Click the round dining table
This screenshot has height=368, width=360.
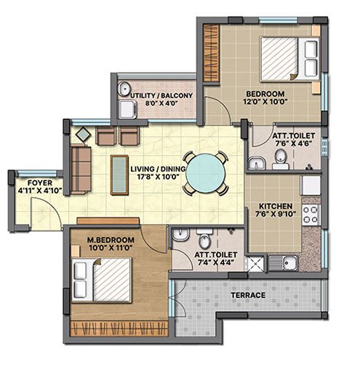coord(206,173)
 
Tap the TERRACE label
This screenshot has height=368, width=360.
coord(248,295)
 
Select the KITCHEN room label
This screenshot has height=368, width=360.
coord(276,206)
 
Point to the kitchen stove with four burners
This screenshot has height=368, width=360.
coord(311,215)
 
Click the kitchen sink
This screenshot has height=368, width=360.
coord(283,263)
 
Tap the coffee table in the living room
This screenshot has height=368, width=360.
coord(119,175)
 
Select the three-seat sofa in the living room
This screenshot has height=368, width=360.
coord(81,169)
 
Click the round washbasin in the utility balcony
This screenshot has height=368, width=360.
coord(124,88)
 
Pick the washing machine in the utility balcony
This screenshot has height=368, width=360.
coord(127,109)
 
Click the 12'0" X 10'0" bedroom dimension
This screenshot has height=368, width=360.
coord(265,101)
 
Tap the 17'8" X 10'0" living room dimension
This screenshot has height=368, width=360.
coord(158,177)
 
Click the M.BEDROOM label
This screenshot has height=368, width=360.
coord(111,240)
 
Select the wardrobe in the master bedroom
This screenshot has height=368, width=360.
coord(119,329)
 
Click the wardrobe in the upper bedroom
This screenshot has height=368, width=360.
coord(211,53)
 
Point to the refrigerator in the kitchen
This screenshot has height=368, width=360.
coord(311,185)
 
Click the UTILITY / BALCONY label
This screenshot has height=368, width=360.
coord(161,95)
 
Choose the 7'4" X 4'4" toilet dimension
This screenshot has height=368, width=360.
coord(215,262)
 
